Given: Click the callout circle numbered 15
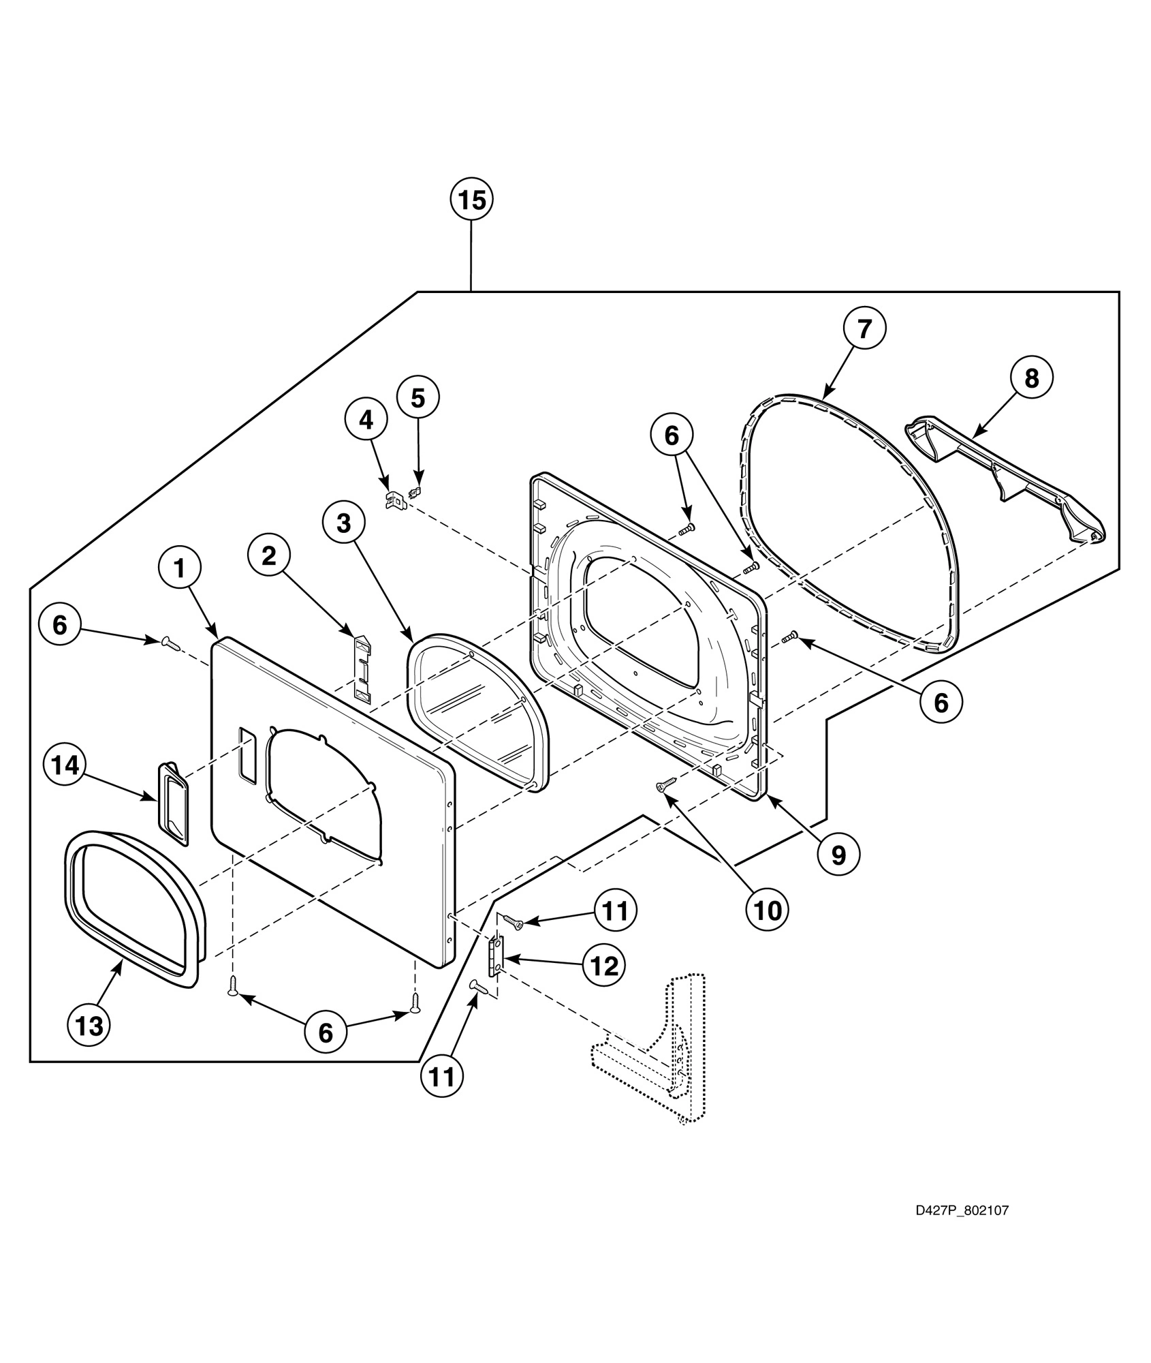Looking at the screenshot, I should pyautogui.click(x=471, y=200).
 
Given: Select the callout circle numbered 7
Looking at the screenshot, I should pyautogui.click(x=864, y=329).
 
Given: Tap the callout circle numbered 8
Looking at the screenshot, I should pyautogui.click(x=1031, y=378).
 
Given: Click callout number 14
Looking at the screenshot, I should pyautogui.click(x=65, y=766).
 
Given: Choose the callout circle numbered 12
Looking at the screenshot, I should pyautogui.click(x=604, y=966).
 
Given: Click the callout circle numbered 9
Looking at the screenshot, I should pyautogui.click(x=838, y=853).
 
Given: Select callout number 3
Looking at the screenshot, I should pyautogui.click(x=343, y=523).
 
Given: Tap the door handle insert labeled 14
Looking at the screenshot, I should pyautogui.click(x=173, y=804).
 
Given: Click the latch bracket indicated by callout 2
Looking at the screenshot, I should pyautogui.click(x=364, y=669).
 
